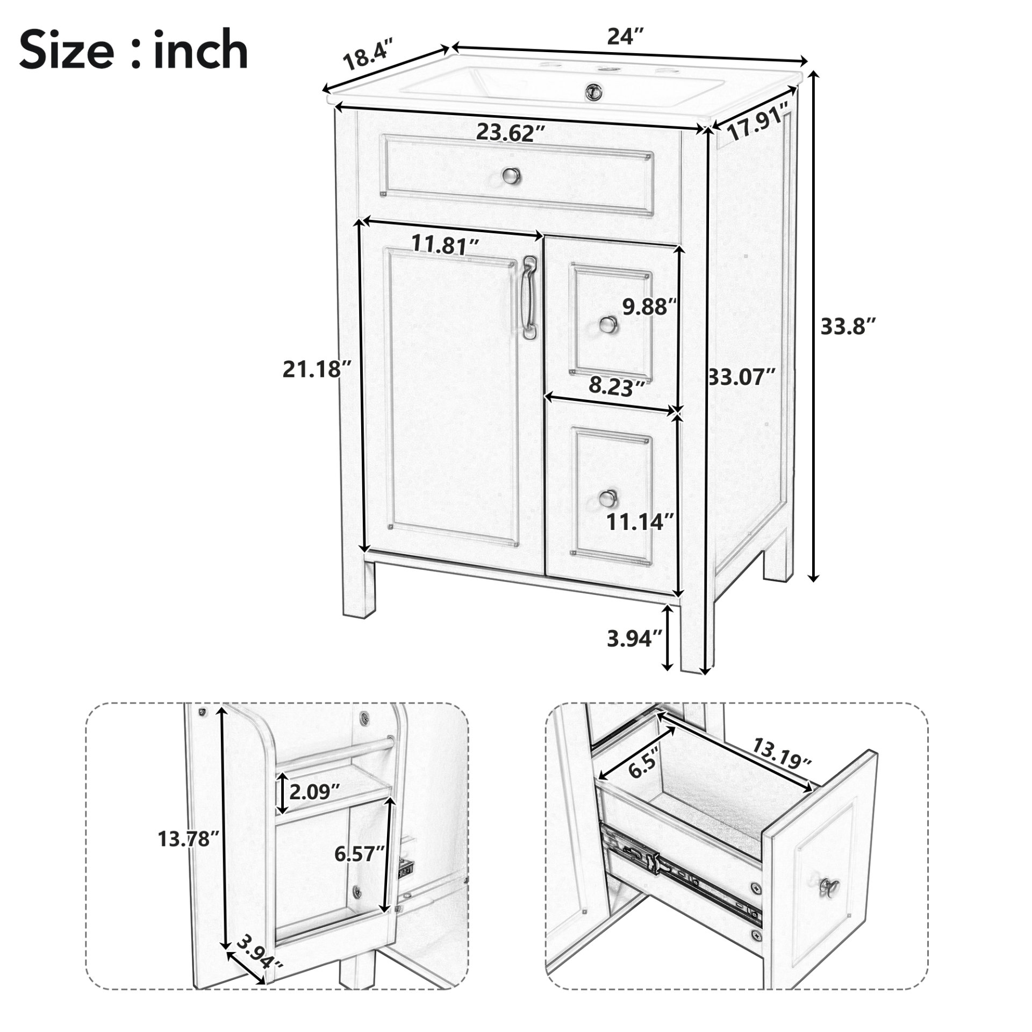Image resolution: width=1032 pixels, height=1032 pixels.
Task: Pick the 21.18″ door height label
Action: pyautogui.click(x=318, y=370)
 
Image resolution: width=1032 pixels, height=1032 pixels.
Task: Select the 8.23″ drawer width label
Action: pyautogui.click(x=618, y=385)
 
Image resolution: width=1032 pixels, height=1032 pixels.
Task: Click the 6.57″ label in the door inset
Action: pyautogui.click(x=360, y=853)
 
